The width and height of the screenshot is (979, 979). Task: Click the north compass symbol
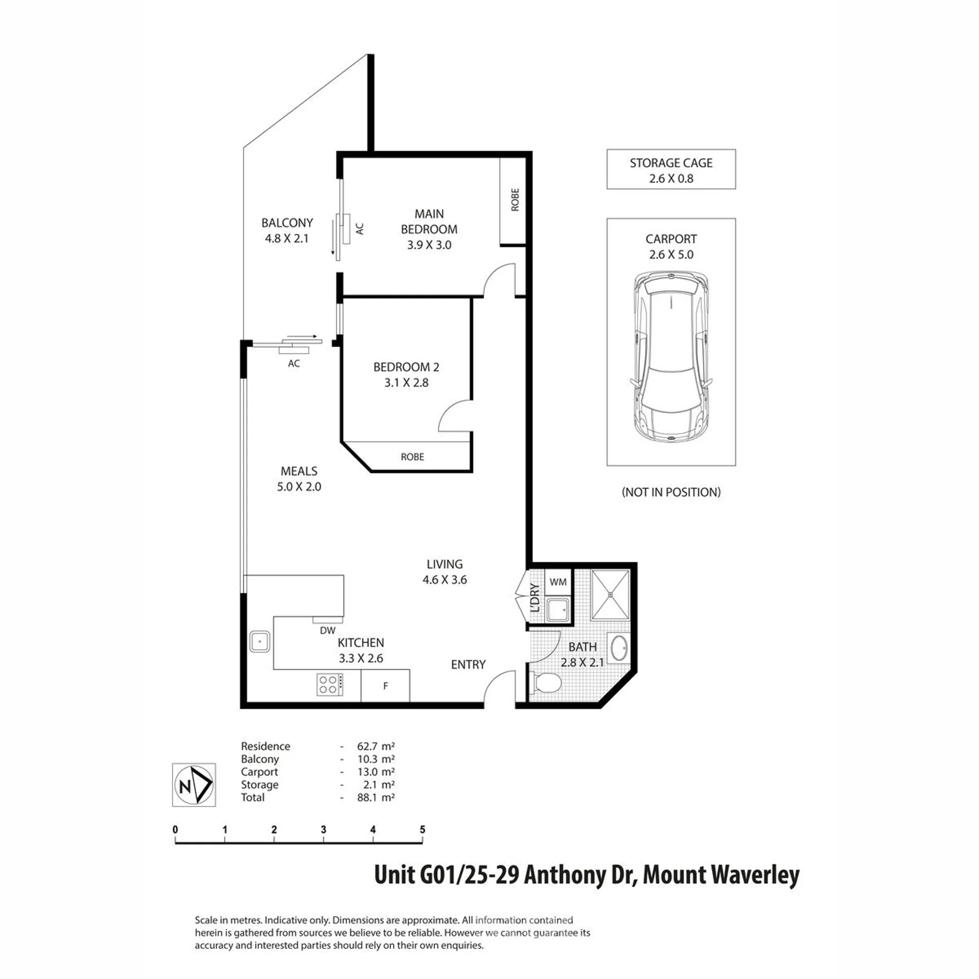(194, 785)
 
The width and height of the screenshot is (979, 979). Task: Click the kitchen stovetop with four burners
(330, 685)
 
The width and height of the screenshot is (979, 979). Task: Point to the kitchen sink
(260, 641)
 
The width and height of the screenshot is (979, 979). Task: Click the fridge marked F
(385, 686)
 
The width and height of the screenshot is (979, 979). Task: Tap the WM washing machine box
(558, 582)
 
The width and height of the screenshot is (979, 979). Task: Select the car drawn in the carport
(671, 357)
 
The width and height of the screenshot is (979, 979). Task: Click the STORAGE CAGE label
(671, 163)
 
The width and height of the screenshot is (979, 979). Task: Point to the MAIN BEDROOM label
(429, 221)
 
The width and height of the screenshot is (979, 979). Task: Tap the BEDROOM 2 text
(406, 367)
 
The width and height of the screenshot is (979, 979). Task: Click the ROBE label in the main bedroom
(515, 199)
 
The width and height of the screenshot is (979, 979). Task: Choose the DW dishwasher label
(327, 631)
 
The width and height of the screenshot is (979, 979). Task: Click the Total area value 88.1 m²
(376, 797)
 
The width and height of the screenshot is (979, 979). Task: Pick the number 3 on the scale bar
(323, 830)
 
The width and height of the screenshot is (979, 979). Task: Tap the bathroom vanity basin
(619, 649)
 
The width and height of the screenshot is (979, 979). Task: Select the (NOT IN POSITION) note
(671, 492)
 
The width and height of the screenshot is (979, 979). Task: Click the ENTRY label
(468, 664)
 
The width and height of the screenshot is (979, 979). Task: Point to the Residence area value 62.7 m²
(376, 746)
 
